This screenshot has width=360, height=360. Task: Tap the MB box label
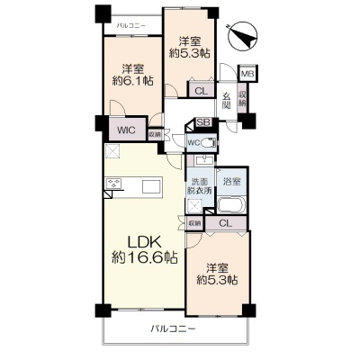pos(247,74)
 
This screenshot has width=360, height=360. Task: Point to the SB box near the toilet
pos(202,125)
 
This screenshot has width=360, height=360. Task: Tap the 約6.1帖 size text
pos(132,81)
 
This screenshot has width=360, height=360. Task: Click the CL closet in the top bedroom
pos(202,88)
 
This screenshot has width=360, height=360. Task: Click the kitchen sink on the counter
pos(148,185)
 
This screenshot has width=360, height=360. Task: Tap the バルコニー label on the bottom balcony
pos(173,330)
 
